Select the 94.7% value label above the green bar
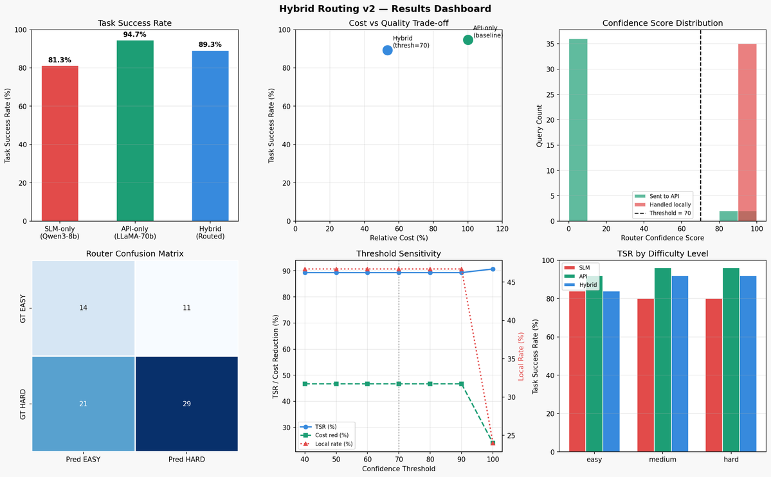(135, 33)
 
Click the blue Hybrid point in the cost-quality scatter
(388, 50)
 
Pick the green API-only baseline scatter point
(468, 40)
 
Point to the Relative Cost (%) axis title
(399, 238)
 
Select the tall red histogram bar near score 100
(747, 132)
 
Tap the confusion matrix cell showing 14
(83, 308)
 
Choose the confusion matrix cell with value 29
(186, 404)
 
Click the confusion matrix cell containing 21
(83, 404)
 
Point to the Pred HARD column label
(186, 460)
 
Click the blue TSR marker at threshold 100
(493, 269)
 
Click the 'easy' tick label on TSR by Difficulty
(594, 460)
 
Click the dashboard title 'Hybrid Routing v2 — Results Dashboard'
(385, 9)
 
